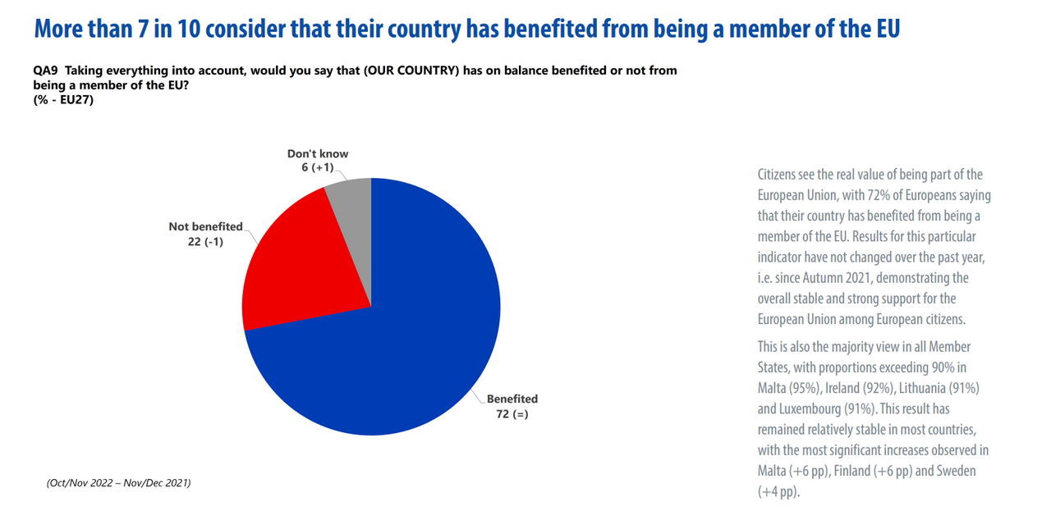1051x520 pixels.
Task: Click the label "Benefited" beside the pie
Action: (x=512, y=399)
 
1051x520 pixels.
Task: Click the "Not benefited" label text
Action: (x=205, y=226)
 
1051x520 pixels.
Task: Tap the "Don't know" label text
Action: (x=318, y=153)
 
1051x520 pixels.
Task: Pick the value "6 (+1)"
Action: (x=319, y=168)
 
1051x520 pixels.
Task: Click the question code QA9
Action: (x=44, y=71)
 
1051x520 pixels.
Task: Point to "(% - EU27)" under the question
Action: (x=63, y=98)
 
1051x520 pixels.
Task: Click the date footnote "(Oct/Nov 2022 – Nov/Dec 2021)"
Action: (x=118, y=483)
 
